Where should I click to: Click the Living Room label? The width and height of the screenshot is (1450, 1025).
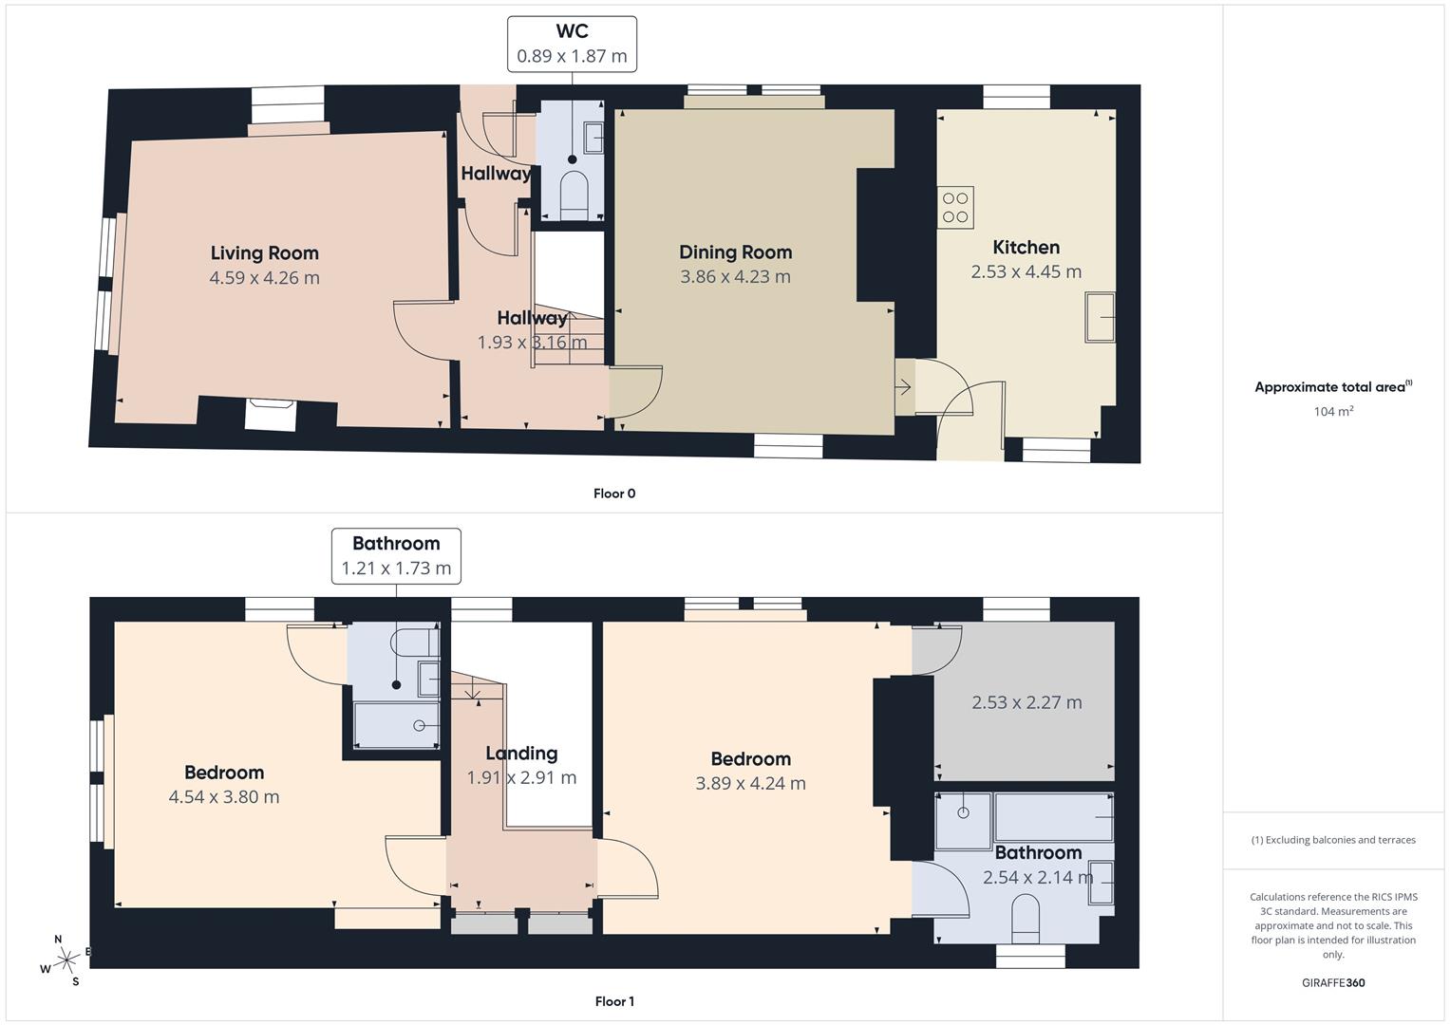click(x=264, y=252)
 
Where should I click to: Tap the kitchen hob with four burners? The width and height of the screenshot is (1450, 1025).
click(x=955, y=208)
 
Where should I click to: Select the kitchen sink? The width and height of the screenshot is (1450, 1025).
click(x=1101, y=317)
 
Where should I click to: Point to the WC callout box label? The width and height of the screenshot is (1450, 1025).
click(x=572, y=31)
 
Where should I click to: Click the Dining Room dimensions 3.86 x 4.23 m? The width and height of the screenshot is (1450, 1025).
click(x=735, y=277)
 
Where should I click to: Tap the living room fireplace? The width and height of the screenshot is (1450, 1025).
click(x=271, y=415)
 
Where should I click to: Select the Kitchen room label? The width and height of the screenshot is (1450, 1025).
click(x=1026, y=248)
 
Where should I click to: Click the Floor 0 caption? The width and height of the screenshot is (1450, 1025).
click(x=614, y=494)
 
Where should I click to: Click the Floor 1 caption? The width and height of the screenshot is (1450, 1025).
click(x=614, y=1001)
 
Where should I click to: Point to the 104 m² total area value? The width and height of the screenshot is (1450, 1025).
click(x=1333, y=412)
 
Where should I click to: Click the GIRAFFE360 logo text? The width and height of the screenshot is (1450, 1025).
click(x=1333, y=982)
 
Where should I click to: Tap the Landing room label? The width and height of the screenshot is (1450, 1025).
click(x=521, y=754)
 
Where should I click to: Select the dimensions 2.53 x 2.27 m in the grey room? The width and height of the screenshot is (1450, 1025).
click(x=1026, y=703)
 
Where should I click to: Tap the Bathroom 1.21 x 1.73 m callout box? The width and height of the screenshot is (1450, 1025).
click(x=396, y=556)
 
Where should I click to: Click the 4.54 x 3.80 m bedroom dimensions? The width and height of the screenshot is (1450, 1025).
click(x=224, y=797)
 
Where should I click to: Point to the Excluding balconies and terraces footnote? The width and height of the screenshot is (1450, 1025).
click(x=1333, y=840)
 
